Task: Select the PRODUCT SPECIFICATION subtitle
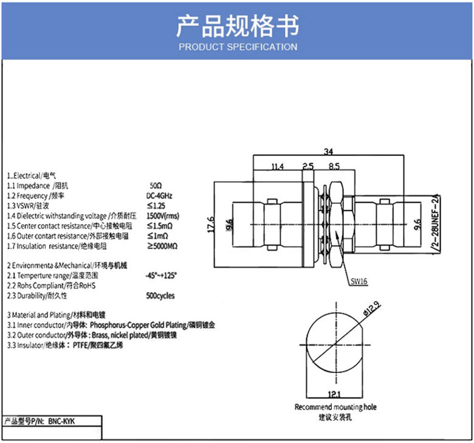pyautogui.click(x=237, y=47)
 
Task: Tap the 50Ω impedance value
pyautogui.click(x=156, y=185)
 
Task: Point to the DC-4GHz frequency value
pyautogui.click(x=160, y=195)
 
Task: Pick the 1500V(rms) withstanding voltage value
pyautogui.click(x=163, y=215)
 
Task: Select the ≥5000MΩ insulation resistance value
pyautogui.click(x=162, y=246)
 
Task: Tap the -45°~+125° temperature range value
pyautogui.click(x=162, y=275)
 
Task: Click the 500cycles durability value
pyautogui.click(x=160, y=296)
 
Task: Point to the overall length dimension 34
pyautogui.click(x=328, y=152)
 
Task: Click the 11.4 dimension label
pyautogui.click(x=277, y=166)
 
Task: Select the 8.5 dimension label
pyautogui.click(x=334, y=166)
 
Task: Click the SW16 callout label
pyautogui.click(x=359, y=281)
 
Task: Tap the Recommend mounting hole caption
pyautogui.click(x=335, y=407)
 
